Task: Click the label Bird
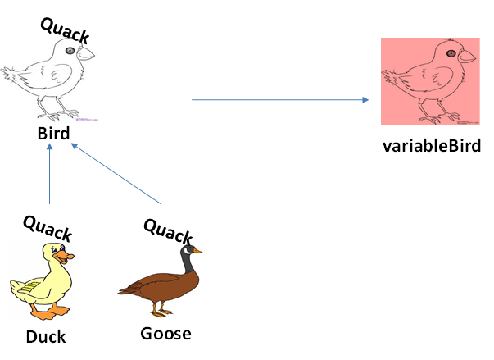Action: point(53,133)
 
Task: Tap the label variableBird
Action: point(431,147)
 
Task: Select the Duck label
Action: point(45,336)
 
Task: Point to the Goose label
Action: point(165,333)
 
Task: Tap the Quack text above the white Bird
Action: point(65,29)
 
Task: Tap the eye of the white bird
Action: point(71,51)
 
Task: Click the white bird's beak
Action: point(87,54)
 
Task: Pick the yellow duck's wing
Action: point(29,288)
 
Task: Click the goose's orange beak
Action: point(198,251)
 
